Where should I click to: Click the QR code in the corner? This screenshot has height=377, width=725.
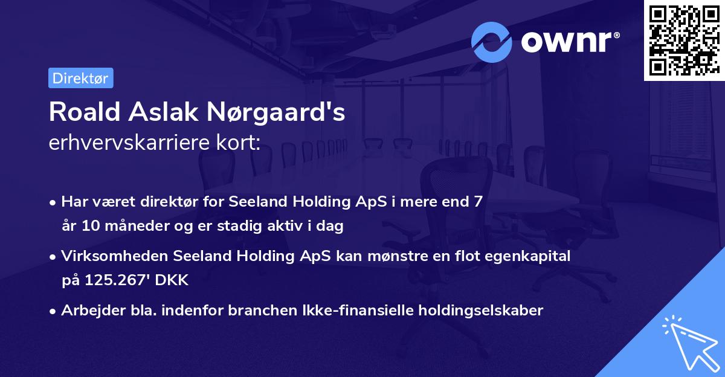click(x=684, y=40)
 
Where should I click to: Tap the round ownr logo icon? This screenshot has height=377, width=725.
click(x=492, y=41)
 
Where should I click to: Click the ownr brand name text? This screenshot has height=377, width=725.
click(x=569, y=41)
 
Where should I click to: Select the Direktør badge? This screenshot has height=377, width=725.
click(x=80, y=78)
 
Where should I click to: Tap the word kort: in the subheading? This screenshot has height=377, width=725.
click(x=240, y=143)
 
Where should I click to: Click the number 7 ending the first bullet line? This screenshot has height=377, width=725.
click(x=478, y=202)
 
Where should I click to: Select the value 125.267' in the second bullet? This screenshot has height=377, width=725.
click(x=114, y=280)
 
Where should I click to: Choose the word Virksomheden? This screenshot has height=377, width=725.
click(x=115, y=256)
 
